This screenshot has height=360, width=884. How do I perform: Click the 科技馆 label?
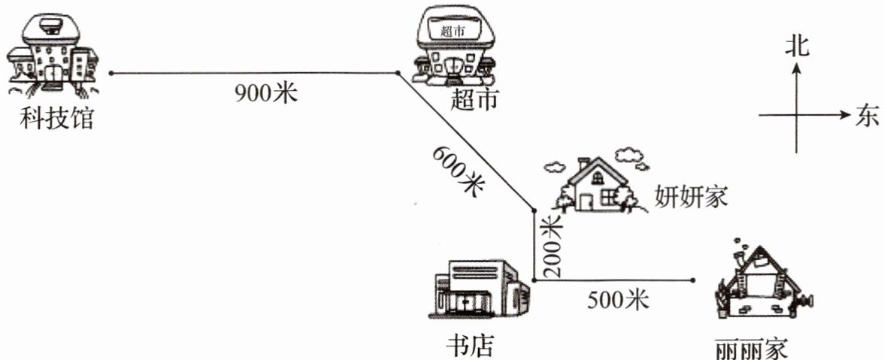[x=58, y=118]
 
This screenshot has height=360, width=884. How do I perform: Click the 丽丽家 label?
[x=752, y=348]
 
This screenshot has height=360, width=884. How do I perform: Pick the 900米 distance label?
[x=266, y=93]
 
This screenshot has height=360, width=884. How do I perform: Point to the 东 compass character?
[x=866, y=116]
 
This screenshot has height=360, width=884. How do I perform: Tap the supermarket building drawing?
[x=456, y=46]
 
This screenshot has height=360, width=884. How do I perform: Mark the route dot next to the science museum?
[x=110, y=74]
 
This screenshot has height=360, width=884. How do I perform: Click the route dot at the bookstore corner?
[x=533, y=280]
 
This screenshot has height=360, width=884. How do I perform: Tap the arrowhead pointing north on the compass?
[x=797, y=68]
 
